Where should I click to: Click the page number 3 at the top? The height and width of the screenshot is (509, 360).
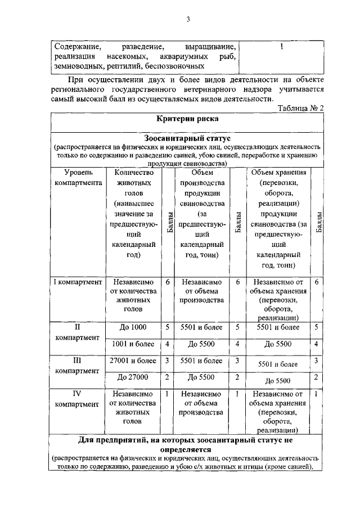pos(189,21)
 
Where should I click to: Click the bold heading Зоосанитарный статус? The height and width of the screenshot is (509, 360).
pos(187,137)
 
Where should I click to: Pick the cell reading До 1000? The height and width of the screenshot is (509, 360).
pos(134,327)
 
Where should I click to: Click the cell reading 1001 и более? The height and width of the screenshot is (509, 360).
pos(134,344)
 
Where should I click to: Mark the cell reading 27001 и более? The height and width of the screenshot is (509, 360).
pos(134,361)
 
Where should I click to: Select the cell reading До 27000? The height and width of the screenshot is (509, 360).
pos(134,377)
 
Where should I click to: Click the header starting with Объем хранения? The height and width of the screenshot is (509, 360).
pos(278,172)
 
